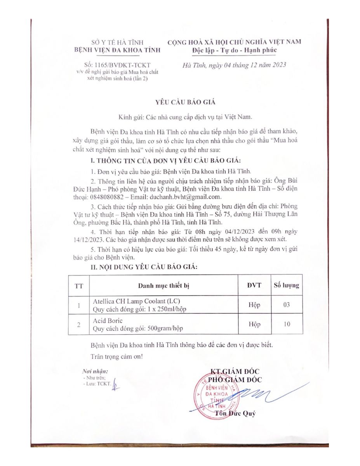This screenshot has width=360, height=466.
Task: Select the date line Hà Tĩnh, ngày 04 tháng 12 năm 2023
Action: pos(234,65)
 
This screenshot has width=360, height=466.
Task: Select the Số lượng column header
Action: pos(287,285)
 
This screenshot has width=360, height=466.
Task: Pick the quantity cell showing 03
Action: pos(287,305)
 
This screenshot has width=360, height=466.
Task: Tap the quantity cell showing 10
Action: pos(287,324)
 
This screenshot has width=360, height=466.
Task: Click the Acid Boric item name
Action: pos(108,321)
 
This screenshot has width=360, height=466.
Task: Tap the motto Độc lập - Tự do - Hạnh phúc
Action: pos(234,50)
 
